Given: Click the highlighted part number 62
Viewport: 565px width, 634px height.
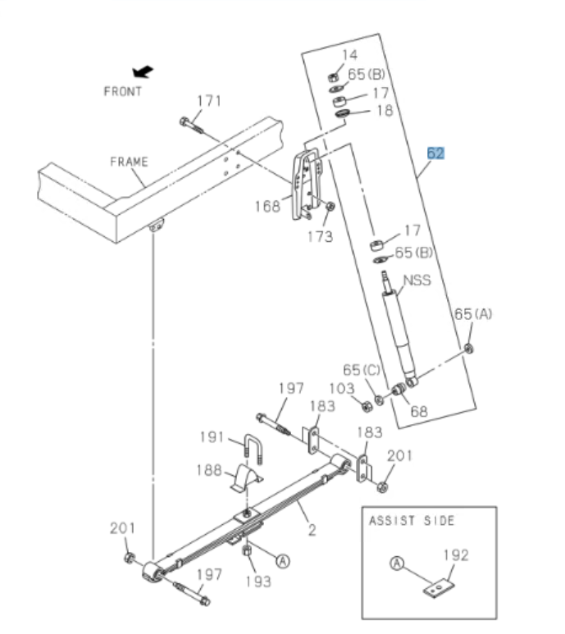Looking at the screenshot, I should click(435, 153).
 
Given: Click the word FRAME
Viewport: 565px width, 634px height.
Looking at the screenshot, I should click(129, 162).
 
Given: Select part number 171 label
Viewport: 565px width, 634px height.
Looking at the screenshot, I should click(209, 101).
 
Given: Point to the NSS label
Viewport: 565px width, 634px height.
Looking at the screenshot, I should click(417, 280).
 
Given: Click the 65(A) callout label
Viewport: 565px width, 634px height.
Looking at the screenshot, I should click(473, 314).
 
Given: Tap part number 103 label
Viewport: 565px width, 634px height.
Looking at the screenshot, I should click(343, 387).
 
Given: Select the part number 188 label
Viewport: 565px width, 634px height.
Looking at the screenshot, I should click(210, 470).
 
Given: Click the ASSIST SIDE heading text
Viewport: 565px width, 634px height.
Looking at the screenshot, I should click(412, 520).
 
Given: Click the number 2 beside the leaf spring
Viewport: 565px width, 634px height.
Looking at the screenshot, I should click(312, 530).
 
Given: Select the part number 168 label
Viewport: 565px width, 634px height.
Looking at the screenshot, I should click(267, 205).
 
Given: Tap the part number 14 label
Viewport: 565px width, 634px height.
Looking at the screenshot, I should click(349, 55).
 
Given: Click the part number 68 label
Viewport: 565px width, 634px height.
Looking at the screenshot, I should click(418, 411).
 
